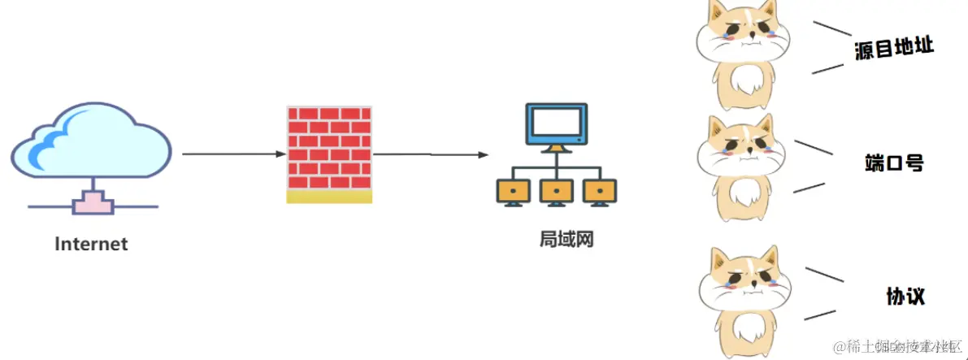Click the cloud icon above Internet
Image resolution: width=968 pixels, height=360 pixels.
click(91, 143)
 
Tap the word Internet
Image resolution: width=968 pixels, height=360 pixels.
click(91, 244)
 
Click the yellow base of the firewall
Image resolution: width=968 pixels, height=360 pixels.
click(329, 197)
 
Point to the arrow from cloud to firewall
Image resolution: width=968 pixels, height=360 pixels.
click(232, 154)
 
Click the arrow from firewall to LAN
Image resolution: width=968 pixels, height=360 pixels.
click(431, 154)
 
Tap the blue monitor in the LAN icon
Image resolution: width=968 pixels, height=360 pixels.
click(556, 125)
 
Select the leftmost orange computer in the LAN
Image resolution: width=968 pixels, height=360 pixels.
click(514, 192)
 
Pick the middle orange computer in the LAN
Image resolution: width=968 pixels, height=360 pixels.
click(557, 192)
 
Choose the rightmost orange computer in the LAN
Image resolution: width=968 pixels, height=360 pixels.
click(600, 192)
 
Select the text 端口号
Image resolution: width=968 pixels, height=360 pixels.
click(894, 163)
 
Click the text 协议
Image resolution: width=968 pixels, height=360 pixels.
click(905, 296)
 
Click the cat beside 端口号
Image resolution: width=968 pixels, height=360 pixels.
click(740, 167)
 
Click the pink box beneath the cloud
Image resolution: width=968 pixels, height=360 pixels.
click(91, 202)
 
